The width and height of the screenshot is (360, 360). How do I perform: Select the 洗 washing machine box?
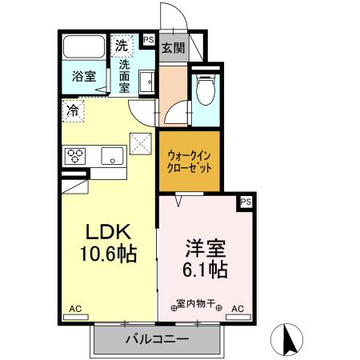point(122,46)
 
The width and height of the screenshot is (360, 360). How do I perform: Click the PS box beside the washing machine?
point(149,38)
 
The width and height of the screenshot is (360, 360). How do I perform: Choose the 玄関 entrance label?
point(173,47)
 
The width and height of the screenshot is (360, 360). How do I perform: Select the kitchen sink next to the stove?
point(112,155)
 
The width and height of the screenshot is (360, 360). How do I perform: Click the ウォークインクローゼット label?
point(190,163)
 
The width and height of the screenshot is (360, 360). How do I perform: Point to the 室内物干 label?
point(197,304)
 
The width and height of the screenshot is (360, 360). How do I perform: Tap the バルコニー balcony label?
point(157,339)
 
